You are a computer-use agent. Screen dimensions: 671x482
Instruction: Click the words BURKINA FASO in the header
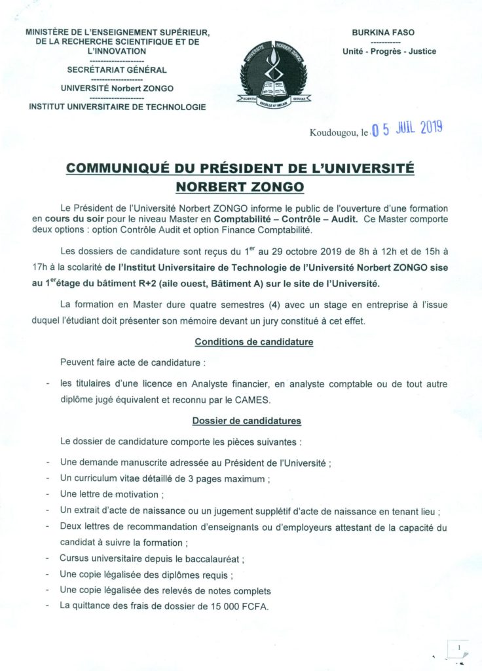pos(383,32)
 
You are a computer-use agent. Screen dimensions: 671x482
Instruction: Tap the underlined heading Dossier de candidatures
pos(246,420)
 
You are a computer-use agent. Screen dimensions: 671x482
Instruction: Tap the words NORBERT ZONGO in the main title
pos(240,187)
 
